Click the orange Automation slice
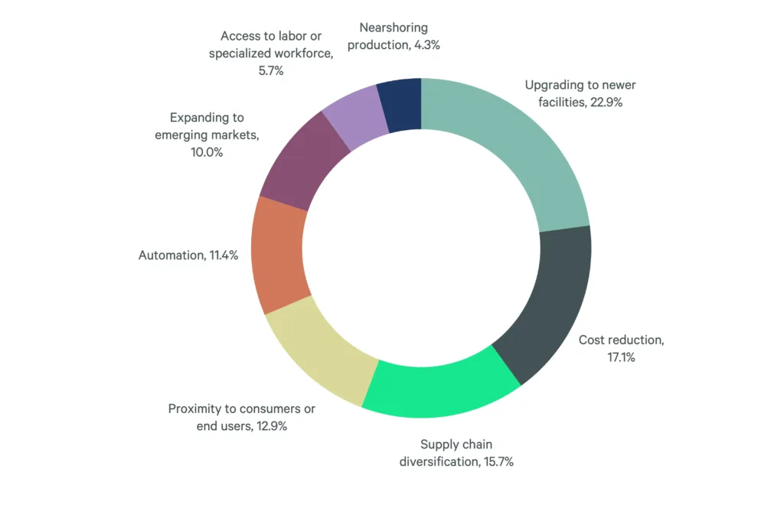(279, 256)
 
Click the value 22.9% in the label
(606, 101)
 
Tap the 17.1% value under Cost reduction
(621, 357)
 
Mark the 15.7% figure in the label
(498, 461)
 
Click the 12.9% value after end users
(271, 426)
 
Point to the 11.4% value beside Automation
(223, 256)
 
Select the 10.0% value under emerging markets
(207, 152)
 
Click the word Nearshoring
(393, 27)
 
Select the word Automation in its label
(171, 256)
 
